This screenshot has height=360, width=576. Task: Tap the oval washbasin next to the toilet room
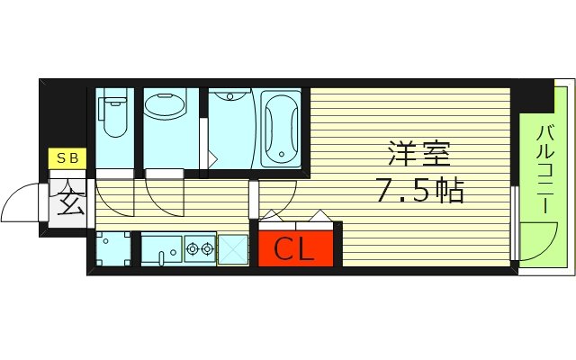165,108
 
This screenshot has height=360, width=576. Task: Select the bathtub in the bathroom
282,131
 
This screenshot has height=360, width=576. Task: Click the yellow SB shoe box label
67,159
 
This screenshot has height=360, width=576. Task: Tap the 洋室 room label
418,155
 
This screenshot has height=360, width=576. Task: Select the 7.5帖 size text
419,191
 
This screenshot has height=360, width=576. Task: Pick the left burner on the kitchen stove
192,246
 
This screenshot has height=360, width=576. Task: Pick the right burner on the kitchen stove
207,246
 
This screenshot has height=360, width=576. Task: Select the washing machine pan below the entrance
112,248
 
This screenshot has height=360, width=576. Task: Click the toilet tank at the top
114,96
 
